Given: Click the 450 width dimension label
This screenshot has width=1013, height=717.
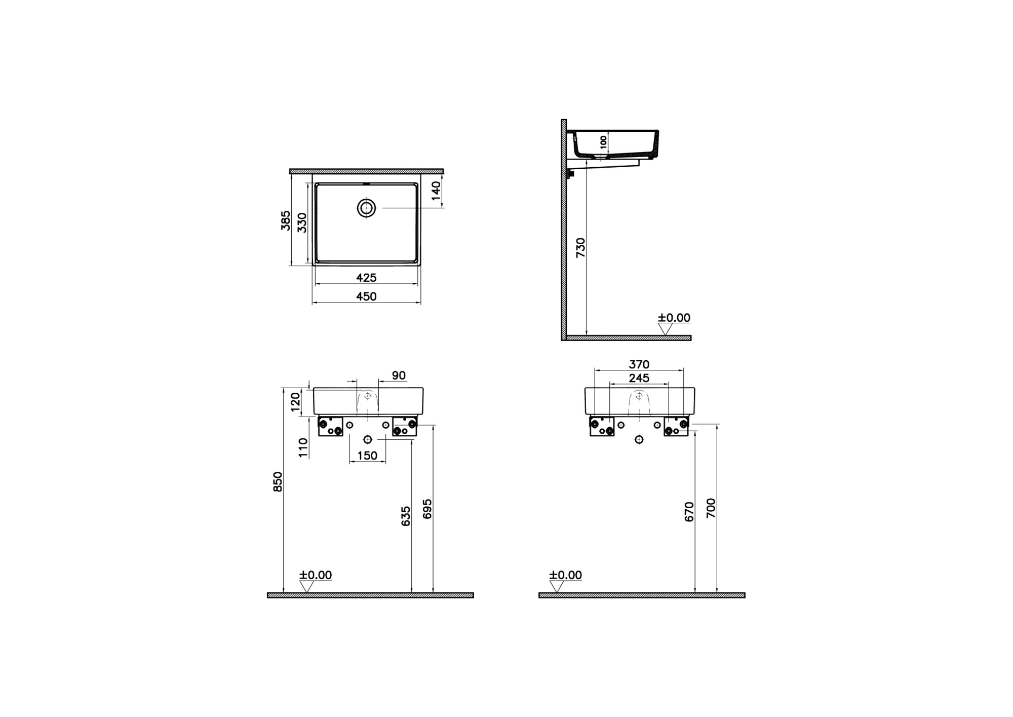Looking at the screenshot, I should [366, 296].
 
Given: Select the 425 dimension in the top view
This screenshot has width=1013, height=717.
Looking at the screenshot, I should [366, 278].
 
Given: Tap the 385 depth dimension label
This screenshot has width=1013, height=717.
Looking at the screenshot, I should [286, 220].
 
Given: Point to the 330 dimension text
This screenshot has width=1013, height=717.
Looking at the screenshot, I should [302, 222].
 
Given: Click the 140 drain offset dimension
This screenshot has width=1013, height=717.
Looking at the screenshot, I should [436, 191].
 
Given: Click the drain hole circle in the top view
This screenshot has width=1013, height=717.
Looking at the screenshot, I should [366, 208].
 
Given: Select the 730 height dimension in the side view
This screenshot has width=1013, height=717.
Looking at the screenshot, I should [581, 247].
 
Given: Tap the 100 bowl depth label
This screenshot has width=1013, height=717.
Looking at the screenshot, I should [603, 141].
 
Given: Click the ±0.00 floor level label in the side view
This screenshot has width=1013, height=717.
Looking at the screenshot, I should [674, 318].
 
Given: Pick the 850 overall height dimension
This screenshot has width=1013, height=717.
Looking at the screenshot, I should [278, 481].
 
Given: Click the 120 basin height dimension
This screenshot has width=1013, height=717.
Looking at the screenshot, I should [296, 402].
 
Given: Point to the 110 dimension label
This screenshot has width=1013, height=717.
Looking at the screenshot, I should [303, 448].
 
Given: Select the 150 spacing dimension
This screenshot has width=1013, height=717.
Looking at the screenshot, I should [367, 456].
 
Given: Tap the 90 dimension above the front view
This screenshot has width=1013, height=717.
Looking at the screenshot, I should [399, 375].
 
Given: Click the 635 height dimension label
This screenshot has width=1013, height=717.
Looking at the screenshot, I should [406, 516].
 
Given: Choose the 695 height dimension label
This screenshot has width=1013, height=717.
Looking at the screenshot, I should [427, 509].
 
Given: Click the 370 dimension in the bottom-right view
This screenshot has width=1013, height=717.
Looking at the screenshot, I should [639, 364].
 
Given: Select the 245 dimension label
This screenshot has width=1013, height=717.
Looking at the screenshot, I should [639, 378].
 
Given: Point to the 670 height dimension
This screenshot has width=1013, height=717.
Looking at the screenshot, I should [689, 512].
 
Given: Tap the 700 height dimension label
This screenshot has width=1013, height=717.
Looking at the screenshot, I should [711, 508].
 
